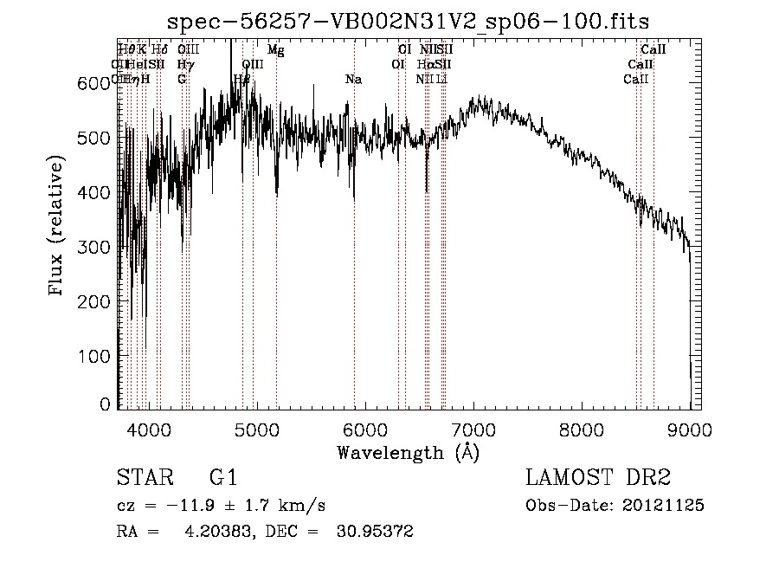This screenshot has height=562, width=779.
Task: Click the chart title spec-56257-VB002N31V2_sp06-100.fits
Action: (x=409, y=20)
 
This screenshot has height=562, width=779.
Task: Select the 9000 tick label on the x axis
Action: (x=690, y=429)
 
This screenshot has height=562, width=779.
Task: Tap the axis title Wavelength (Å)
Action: (x=409, y=452)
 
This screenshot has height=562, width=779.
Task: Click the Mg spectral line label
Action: (x=275, y=50)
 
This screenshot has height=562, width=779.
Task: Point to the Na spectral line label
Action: (x=353, y=80)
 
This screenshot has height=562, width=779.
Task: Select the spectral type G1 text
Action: (x=223, y=478)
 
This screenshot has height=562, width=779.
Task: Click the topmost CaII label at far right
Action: (x=653, y=50)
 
